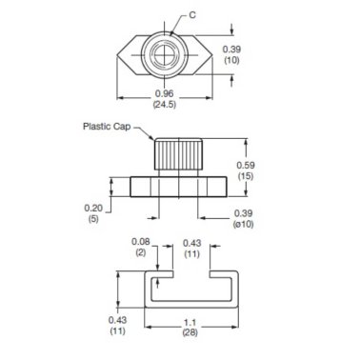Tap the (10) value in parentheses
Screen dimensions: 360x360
pyautogui.click(x=230, y=59)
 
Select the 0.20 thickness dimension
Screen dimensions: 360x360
pyautogui.click(x=92, y=208)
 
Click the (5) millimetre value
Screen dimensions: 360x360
pyautogui.click(x=92, y=219)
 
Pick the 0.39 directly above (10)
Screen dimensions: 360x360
pyautogui.click(x=230, y=48)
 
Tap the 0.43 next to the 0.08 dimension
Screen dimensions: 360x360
pyautogui.click(x=191, y=242)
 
